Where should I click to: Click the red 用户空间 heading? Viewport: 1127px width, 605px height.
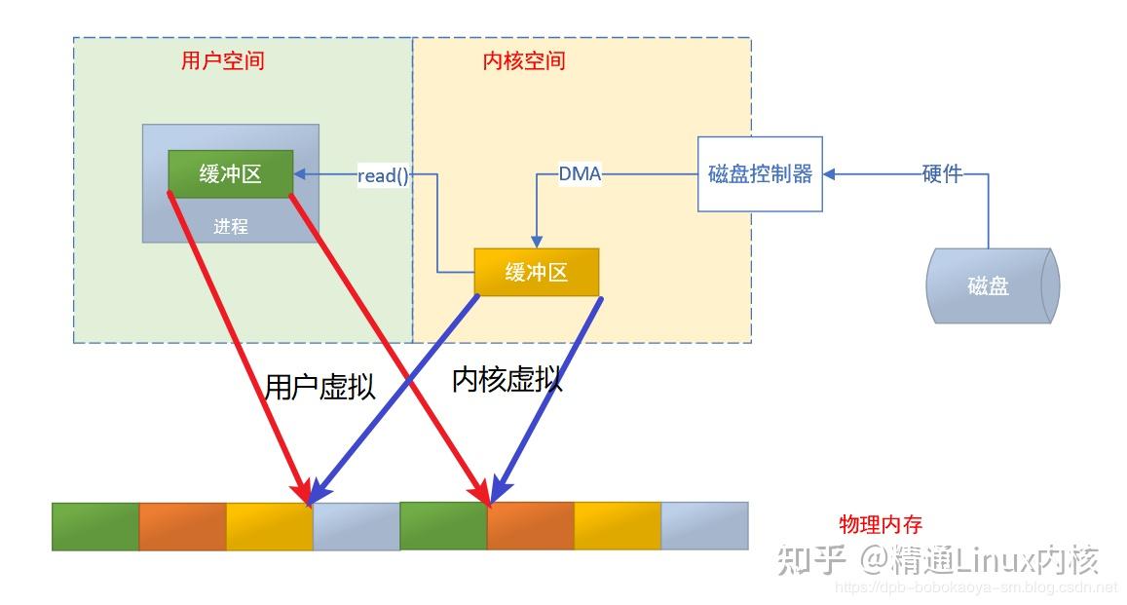(222, 60)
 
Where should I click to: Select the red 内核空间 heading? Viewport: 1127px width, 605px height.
(524, 60)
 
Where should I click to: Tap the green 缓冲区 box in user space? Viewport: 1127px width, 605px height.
(231, 174)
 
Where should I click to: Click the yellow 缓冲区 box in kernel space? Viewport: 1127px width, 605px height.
(536, 273)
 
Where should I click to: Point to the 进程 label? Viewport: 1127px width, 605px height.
(231, 226)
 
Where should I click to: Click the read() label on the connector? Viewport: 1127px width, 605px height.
(383, 175)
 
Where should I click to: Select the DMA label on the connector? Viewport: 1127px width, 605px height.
(580, 174)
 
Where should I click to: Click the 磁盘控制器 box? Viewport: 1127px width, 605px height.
(760, 174)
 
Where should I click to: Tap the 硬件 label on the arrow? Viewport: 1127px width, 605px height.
(942, 174)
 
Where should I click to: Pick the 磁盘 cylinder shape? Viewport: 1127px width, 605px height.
(988, 286)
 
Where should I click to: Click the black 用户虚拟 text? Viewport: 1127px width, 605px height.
(319, 387)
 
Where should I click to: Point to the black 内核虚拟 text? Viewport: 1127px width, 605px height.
(507, 380)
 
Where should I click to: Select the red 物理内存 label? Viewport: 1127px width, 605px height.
(881, 524)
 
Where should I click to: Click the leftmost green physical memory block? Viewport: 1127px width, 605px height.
(95, 526)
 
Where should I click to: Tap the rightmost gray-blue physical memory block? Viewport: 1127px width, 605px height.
(704, 525)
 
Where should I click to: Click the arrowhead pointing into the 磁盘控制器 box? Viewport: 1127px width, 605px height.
(830, 174)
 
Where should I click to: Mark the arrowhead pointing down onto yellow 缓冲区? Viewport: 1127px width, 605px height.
(536, 242)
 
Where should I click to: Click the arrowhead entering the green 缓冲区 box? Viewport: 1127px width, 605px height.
(300, 174)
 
